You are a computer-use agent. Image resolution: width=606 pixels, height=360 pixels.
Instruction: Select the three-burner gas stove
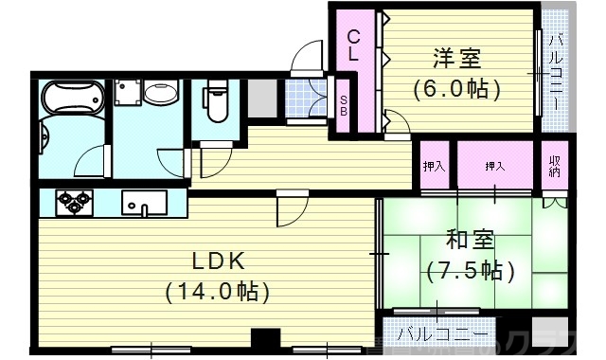75,201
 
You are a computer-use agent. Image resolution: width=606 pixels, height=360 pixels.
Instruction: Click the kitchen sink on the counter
144,203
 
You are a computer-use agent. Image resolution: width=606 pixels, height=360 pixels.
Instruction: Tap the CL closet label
352,45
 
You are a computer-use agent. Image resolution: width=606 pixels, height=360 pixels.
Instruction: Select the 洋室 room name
455,59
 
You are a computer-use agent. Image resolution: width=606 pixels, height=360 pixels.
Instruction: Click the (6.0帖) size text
455,90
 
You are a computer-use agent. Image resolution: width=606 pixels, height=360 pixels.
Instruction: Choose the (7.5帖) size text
470,270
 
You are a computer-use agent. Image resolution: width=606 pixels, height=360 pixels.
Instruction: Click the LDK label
220,261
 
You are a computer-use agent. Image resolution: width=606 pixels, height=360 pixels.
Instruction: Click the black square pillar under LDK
267,339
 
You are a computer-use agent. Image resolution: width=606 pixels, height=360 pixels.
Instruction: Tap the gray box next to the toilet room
262,98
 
